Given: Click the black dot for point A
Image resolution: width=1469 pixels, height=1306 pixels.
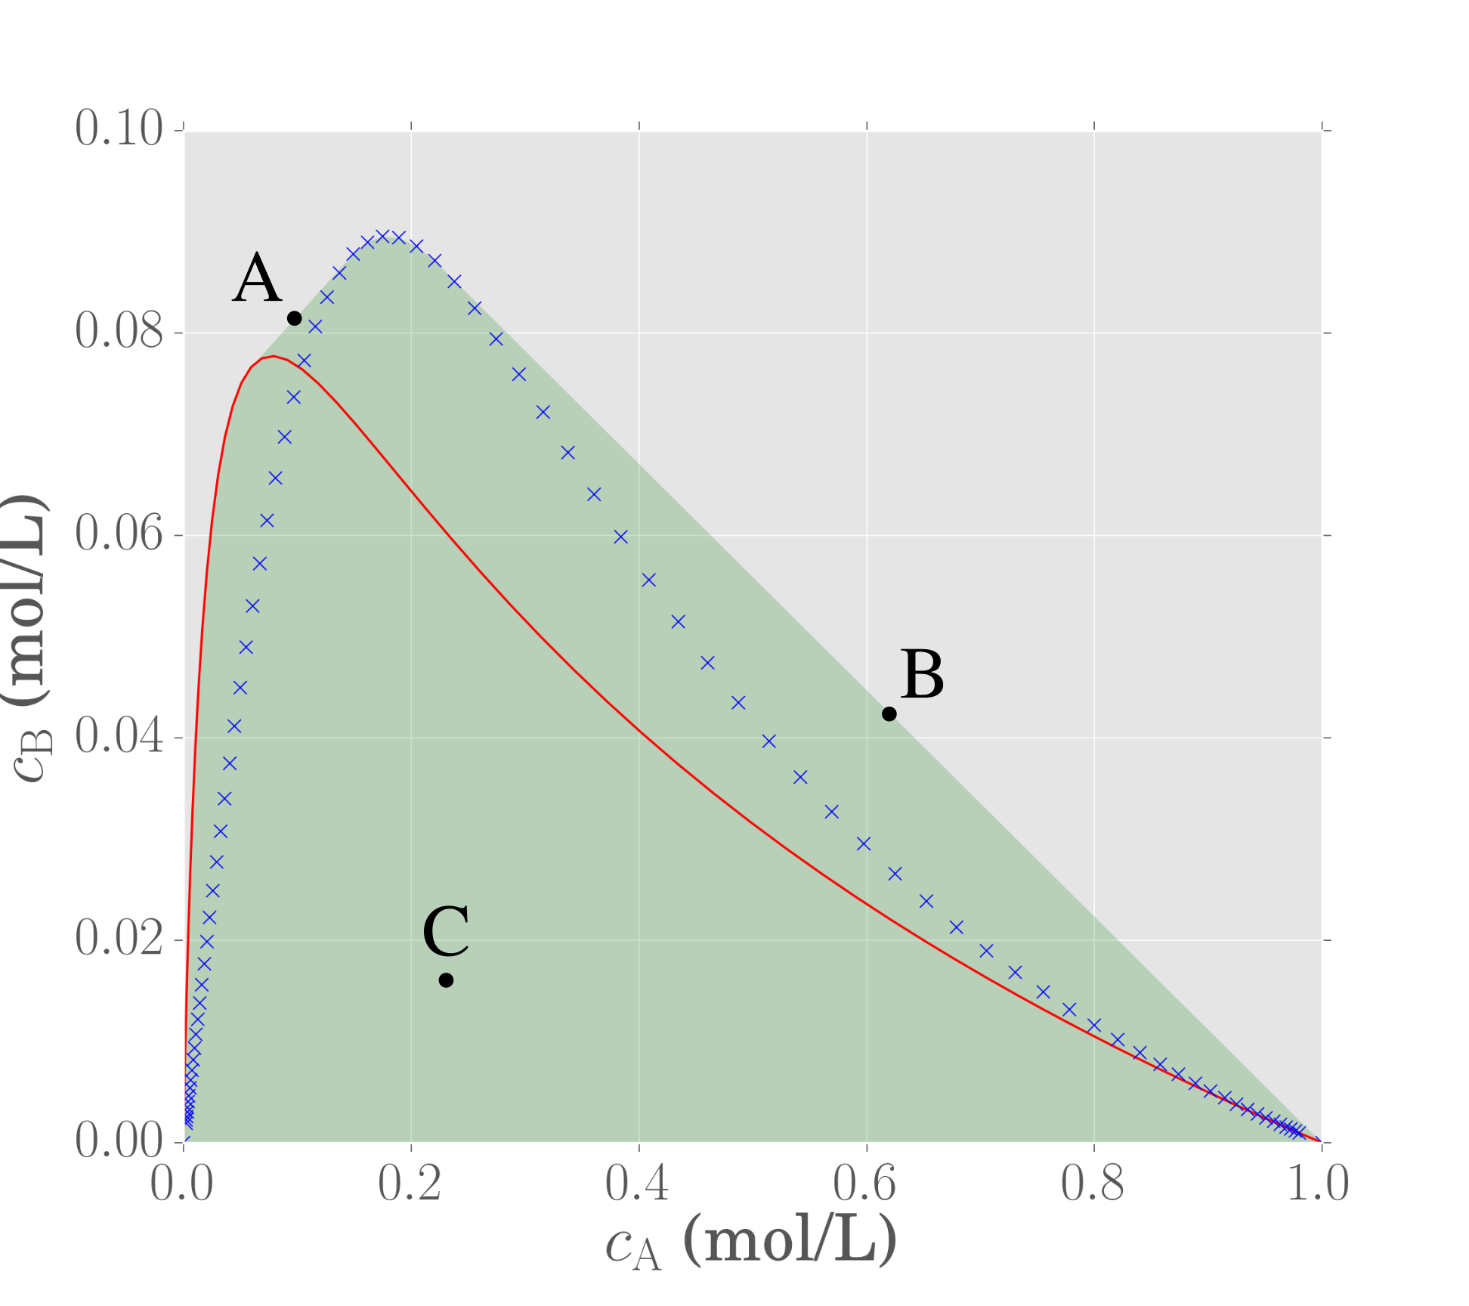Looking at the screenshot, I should [x=295, y=318].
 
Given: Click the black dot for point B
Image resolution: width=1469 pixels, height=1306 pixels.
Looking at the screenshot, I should [x=889, y=713].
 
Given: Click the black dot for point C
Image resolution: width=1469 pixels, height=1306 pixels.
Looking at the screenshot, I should [x=447, y=980].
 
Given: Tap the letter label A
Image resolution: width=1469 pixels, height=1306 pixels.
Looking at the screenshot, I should [x=257, y=278].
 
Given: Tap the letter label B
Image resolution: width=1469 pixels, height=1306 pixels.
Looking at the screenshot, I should [x=922, y=674].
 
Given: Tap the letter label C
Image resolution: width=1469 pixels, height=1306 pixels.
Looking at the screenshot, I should [x=446, y=931].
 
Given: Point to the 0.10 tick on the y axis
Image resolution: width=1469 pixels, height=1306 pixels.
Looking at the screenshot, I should [x=119, y=128].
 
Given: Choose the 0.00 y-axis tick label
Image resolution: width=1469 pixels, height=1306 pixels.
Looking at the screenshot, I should [x=119, y=1140].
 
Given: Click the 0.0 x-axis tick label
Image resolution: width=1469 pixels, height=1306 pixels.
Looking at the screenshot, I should [x=181, y=1184].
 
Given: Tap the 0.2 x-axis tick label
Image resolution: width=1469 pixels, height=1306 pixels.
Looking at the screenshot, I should [x=410, y=1184].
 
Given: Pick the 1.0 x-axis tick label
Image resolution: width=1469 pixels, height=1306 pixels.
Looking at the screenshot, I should [x=1318, y=1184].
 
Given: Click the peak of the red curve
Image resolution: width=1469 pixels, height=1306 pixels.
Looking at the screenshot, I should [x=274, y=356].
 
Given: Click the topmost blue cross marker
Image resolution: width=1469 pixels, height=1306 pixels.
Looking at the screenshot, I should [x=383, y=237].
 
